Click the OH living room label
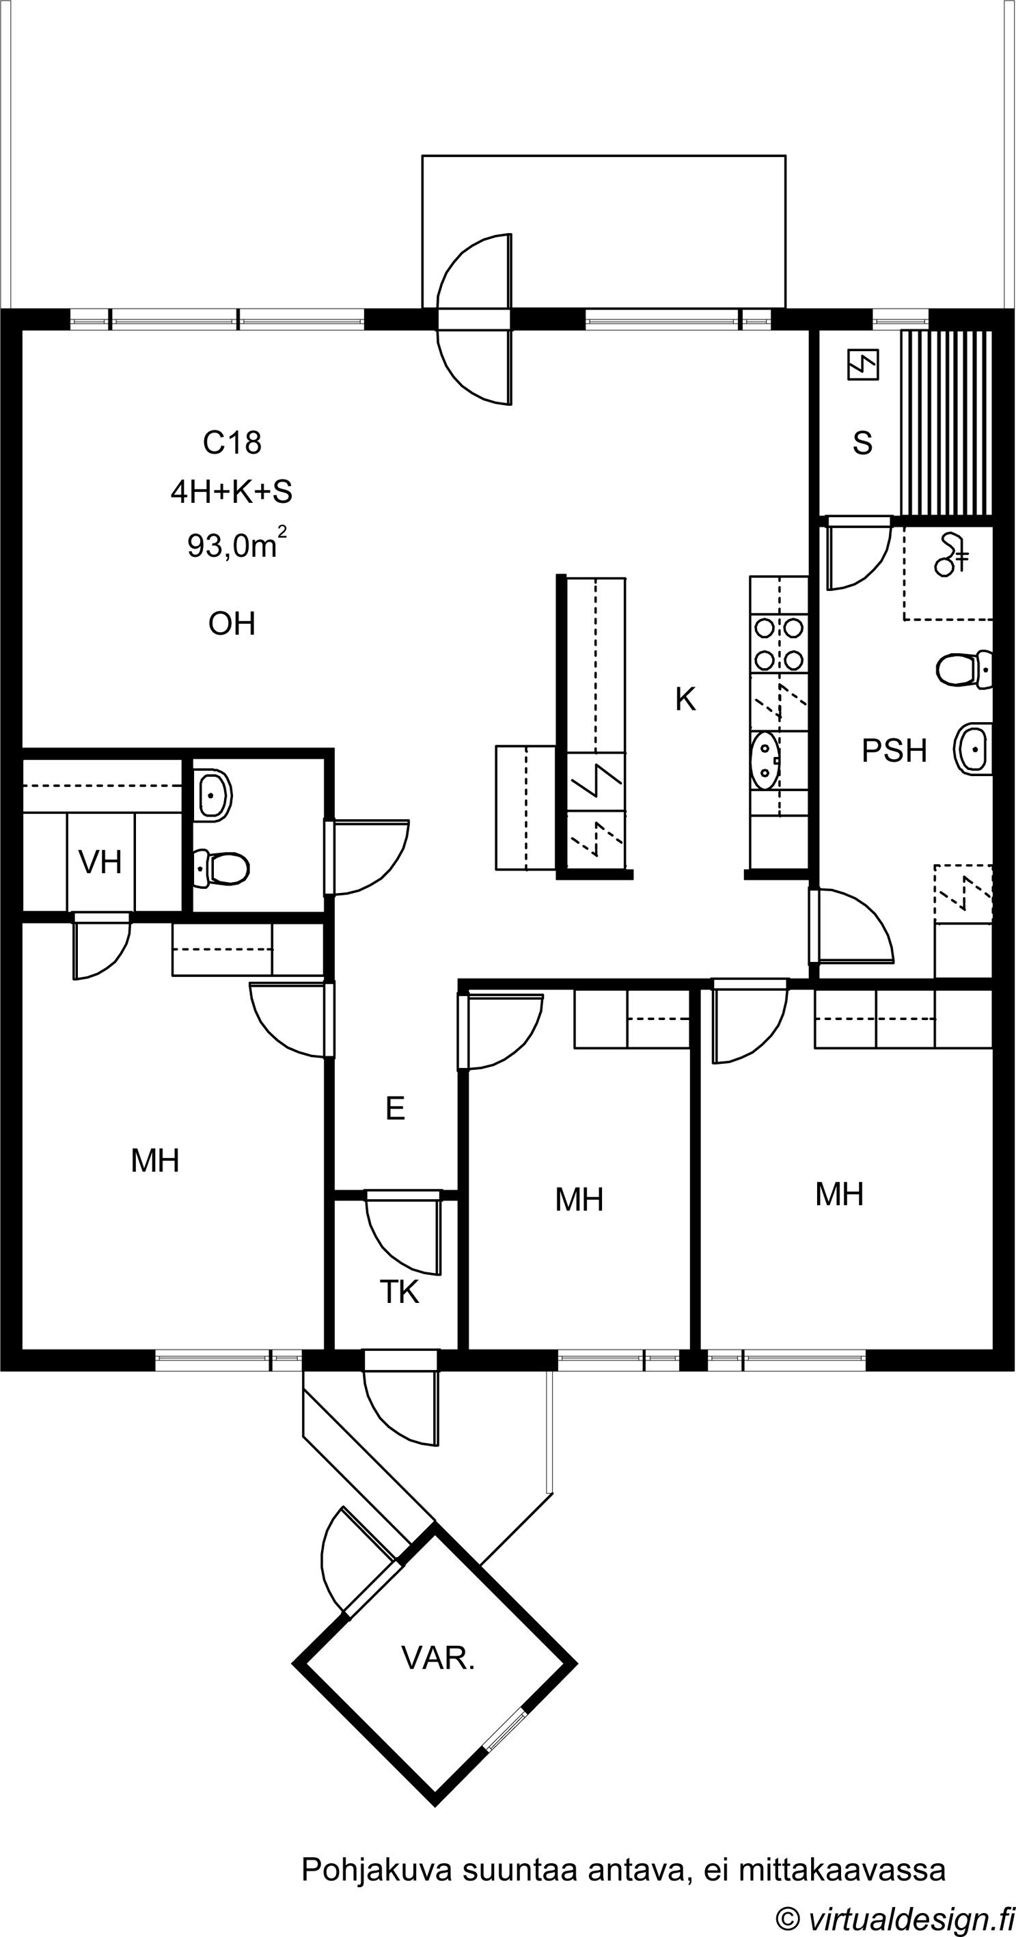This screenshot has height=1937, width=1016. [x=232, y=624]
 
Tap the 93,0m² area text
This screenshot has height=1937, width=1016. [x=237, y=544]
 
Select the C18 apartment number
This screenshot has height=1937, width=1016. [x=232, y=443]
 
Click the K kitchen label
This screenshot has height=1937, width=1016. [x=685, y=700]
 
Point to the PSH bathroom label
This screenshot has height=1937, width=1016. [x=894, y=750]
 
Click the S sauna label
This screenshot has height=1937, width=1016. [x=862, y=443]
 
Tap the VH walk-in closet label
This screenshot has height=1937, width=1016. [x=100, y=862]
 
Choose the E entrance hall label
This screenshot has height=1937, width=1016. [x=395, y=1108]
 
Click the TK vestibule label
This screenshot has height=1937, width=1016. [x=399, y=1292]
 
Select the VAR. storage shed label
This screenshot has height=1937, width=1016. [x=439, y=1658]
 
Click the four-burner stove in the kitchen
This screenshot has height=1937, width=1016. [x=778, y=644]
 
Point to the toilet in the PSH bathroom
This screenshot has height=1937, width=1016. [x=964, y=669]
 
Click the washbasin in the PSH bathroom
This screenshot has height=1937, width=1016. [x=974, y=749]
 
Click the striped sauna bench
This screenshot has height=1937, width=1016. [x=947, y=423]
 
